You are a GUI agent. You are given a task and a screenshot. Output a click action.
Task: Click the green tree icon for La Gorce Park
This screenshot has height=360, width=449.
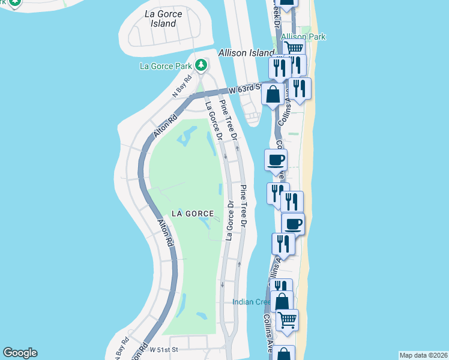[203, 65]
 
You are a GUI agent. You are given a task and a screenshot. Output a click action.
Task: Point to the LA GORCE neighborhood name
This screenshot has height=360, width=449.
[193, 213]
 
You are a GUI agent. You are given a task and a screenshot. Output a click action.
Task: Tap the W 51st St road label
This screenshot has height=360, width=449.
[164, 349]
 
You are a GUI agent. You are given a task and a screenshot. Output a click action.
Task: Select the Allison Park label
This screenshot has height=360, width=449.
[303, 37]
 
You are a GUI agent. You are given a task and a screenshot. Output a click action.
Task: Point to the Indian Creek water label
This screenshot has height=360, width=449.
[252, 302]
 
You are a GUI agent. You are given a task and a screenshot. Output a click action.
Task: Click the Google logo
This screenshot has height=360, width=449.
[20, 353]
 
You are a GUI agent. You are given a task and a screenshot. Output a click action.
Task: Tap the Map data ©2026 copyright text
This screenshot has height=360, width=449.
[424, 355]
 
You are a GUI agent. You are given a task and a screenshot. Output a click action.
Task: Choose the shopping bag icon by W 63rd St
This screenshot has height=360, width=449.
[273, 94]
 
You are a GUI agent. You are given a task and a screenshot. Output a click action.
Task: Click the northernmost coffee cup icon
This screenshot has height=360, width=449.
[276, 160]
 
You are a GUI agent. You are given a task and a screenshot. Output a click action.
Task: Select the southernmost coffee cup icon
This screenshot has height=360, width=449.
[293, 224]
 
